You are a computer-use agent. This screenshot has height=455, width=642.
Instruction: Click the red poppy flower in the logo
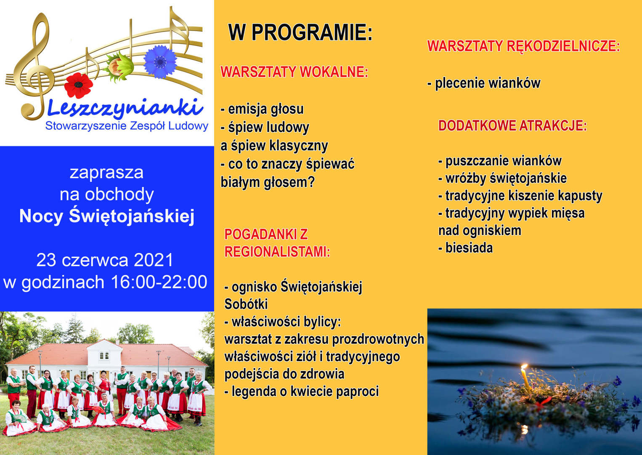[x=79, y=85]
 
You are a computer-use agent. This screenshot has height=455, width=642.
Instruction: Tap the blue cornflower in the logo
[x=160, y=62]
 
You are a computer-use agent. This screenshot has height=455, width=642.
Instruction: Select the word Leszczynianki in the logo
[x=125, y=109]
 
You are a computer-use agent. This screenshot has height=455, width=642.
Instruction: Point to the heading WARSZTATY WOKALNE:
[x=294, y=72]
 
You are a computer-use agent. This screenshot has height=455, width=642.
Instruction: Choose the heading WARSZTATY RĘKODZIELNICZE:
[x=523, y=46]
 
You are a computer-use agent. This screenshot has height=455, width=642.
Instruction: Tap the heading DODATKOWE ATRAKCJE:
[x=512, y=126]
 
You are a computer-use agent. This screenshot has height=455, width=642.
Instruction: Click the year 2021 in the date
[x=154, y=260]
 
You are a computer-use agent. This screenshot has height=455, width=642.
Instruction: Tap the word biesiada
[x=469, y=248]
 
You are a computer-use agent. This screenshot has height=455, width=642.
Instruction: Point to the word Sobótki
[x=246, y=304]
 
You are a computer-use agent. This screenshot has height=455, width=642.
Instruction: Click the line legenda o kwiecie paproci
[x=302, y=391]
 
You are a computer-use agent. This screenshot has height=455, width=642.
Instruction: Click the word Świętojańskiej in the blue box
[x=132, y=217]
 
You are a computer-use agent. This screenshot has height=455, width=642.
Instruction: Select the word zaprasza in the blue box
[x=106, y=173]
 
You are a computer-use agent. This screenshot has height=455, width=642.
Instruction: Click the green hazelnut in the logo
[x=119, y=67]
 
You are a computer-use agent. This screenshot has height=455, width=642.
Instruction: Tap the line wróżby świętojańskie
[x=502, y=178]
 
